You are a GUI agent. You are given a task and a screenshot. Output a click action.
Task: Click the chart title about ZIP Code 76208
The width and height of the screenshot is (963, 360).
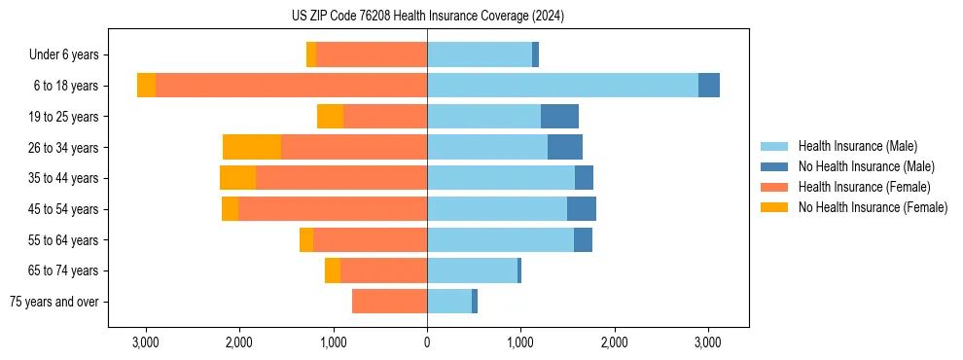coord(427,16)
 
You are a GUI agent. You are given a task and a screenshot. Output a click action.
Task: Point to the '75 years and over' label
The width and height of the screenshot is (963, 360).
coord(54,302)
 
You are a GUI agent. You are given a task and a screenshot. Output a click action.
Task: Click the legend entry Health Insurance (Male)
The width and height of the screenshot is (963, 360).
coord(857,146)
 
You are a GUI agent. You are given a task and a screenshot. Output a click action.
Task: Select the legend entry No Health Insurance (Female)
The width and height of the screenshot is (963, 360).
coord(873,207)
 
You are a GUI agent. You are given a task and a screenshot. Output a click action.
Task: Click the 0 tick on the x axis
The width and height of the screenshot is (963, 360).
coord(427,343)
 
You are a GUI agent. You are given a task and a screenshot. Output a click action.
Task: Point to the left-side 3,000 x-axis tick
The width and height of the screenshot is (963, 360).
coord(146,343)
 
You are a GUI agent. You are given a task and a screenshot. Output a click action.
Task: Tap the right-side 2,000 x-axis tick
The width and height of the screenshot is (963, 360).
coord(614,343)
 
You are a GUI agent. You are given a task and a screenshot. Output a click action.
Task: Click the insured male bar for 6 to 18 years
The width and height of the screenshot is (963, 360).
coord(562,86)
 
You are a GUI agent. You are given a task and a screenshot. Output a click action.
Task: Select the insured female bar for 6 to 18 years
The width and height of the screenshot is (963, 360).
coord(291,86)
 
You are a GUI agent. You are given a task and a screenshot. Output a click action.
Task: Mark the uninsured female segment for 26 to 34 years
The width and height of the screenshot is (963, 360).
coord(252,147)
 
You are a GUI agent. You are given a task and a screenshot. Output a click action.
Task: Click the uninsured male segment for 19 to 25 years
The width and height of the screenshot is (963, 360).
coord(559,117)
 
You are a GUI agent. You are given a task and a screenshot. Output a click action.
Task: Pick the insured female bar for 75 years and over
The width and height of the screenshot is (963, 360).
coord(389,302)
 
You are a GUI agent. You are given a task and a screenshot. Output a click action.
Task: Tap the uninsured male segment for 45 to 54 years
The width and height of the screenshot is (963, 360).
coord(582,209)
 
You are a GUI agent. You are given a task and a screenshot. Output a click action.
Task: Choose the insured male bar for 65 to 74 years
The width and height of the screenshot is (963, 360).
coord(472,270)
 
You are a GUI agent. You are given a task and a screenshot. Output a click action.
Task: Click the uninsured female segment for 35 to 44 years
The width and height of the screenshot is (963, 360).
coord(237,178)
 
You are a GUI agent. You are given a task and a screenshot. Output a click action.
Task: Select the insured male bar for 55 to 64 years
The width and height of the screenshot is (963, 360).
coord(500,239)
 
